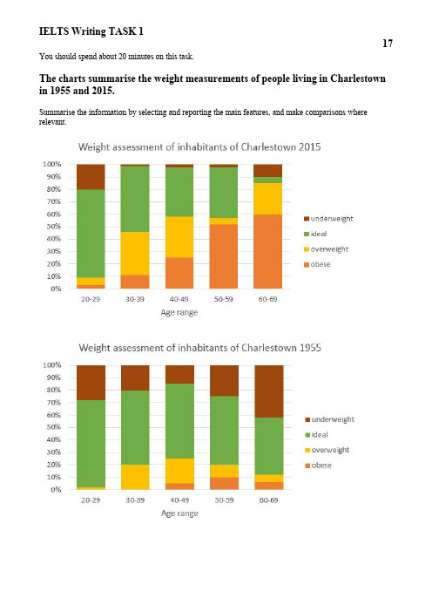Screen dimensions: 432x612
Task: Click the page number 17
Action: click(x=388, y=43)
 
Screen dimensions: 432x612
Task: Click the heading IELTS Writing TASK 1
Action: click(x=91, y=31)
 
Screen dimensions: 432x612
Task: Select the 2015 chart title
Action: click(x=199, y=147)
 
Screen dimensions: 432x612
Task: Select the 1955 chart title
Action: click(x=199, y=348)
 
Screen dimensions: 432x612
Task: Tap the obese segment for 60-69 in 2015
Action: click(x=267, y=251)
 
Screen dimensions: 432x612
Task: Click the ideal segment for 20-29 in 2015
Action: click(x=91, y=234)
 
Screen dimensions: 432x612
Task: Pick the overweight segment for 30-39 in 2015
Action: click(x=135, y=254)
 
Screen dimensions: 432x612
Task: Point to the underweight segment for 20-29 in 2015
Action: click(x=91, y=177)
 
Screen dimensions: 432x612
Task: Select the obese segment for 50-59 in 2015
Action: click(x=224, y=256)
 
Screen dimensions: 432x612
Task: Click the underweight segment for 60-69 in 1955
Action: click(x=269, y=391)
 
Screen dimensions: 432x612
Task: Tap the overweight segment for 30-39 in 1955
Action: click(x=135, y=477)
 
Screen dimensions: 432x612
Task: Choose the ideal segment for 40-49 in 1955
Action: click(x=179, y=421)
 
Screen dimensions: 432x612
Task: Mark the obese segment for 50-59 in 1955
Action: click(x=224, y=483)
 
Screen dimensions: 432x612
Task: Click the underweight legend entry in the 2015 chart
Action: click(x=328, y=219)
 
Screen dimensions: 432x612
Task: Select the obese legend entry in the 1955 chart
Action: click(x=318, y=466)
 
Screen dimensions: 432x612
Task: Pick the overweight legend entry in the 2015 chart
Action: click(x=326, y=249)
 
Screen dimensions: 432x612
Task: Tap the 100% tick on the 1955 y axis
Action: click(x=52, y=365)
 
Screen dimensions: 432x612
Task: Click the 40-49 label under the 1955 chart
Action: click(x=179, y=500)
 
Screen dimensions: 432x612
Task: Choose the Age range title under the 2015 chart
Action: click(x=179, y=313)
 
